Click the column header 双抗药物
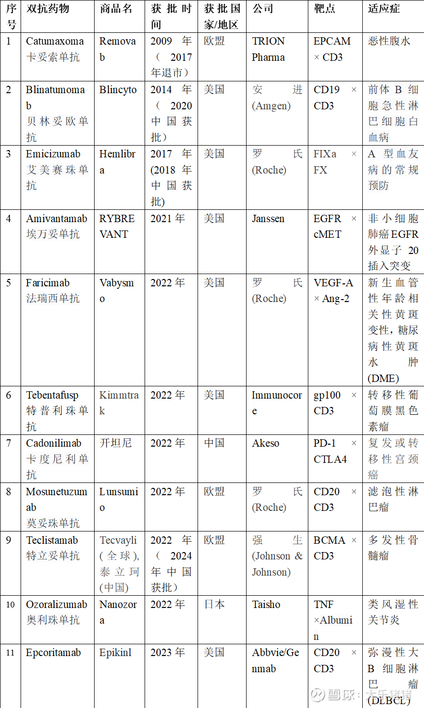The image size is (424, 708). point(48,8)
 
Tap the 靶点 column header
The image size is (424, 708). point(324,8)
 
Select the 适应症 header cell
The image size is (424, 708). point(384,8)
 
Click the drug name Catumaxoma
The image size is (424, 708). point(55,41)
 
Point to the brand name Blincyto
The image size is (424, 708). point(118,90)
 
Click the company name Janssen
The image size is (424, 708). point(268,219)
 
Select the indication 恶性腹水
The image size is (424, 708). point(389,41)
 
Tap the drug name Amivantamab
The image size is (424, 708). point(56,219)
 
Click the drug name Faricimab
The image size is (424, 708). point(48,283)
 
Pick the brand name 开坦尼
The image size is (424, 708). point(116,443)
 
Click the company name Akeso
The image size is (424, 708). point(265,443)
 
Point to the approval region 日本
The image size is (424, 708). point(214,605)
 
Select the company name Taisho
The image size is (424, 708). point(266,605)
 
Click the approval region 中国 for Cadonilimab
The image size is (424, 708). point(214,443)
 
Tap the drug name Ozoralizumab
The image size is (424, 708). point(56,605)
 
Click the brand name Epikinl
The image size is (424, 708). point(115,653)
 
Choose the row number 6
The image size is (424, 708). point(9,395)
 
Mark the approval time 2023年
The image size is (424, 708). point(168,653)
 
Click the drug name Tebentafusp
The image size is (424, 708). point(52,395)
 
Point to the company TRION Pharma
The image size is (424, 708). point(268,49)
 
